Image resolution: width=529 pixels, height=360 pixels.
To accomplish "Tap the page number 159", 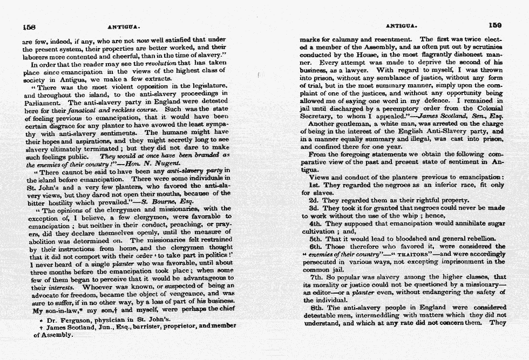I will coord(495,25).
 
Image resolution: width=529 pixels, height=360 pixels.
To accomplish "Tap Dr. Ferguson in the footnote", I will coord(66,320).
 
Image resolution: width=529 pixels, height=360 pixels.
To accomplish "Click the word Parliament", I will coord(43,102).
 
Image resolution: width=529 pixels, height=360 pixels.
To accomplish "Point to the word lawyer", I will coord(357,70).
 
